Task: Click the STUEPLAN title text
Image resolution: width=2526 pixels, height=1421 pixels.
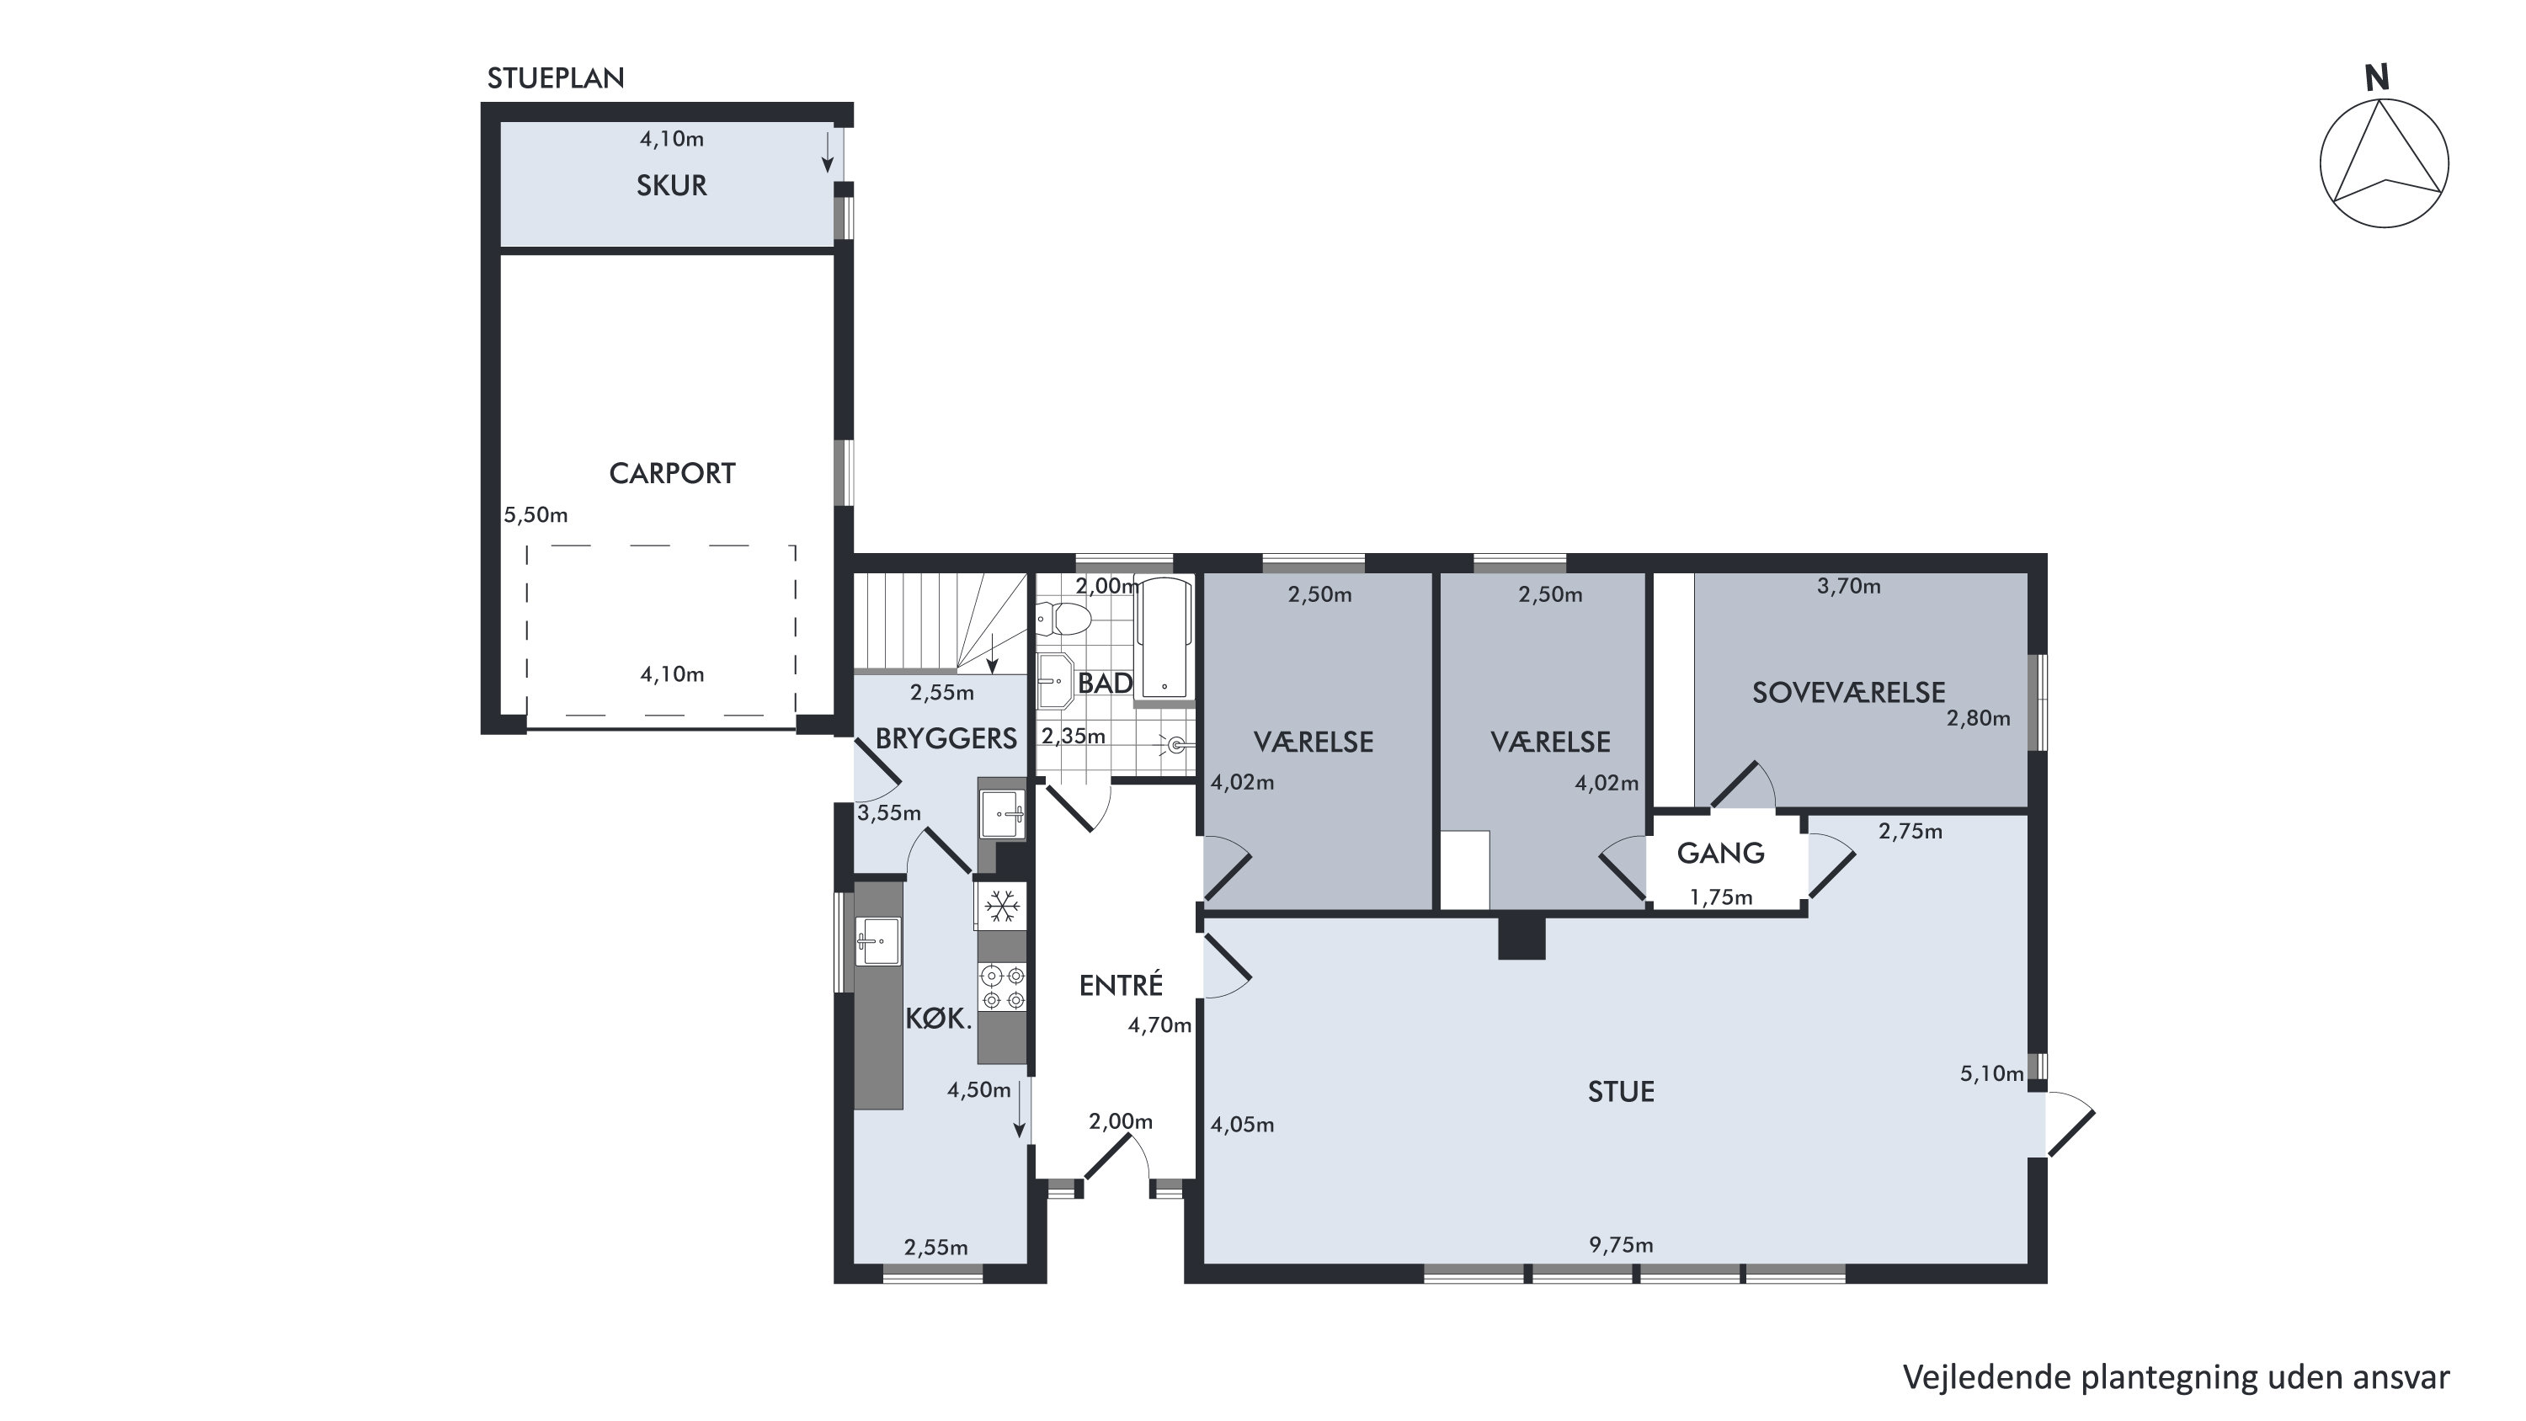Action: point(555,78)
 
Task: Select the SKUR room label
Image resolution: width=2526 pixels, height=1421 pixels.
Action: point(672,185)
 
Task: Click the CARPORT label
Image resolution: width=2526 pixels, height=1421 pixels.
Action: point(672,474)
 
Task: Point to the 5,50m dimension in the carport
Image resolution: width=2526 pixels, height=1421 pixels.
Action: point(536,515)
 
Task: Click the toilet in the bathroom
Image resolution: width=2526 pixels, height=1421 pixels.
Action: point(1063,619)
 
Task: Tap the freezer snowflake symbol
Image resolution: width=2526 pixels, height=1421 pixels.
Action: point(1001,905)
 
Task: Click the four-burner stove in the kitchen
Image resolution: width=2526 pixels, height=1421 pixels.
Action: point(1002,987)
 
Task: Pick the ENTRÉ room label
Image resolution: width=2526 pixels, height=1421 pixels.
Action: point(1121,985)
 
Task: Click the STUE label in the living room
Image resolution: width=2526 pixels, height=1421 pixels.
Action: point(1621,1092)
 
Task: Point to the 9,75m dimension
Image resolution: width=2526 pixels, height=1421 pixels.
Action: point(1621,1245)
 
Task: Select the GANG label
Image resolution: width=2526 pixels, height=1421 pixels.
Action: point(1721,853)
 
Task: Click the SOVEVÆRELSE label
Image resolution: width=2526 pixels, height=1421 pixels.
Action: point(1848,692)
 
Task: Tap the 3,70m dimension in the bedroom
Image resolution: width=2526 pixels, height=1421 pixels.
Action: point(1848,587)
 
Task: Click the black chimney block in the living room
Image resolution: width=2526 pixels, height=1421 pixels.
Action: point(1521,938)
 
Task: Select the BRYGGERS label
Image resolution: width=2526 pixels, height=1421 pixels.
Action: point(946,738)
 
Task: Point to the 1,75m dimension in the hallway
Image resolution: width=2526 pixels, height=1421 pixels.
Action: point(1721,897)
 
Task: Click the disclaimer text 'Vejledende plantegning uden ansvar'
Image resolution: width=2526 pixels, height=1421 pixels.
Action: point(2176,1377)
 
